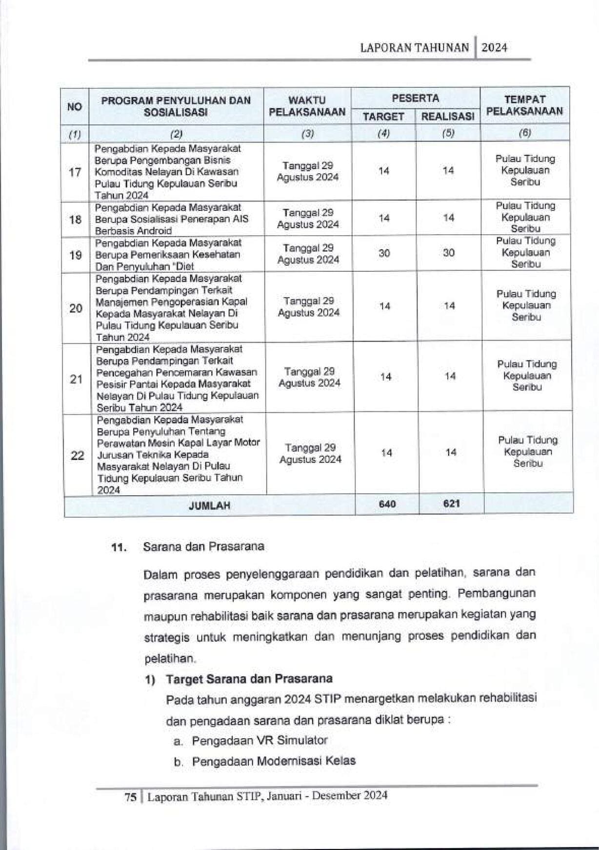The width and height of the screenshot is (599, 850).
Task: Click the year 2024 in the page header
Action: click(494, 48)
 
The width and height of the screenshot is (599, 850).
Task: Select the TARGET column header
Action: click(383, 117)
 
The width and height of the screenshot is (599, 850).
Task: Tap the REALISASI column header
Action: click(448, 117)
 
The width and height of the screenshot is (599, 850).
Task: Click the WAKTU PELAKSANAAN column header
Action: click(307, 106)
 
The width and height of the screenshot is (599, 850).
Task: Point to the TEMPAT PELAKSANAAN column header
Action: click(525, 105)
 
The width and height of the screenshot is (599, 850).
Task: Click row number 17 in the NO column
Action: click(75, 172)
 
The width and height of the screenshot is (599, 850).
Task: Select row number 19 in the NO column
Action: click(75, 255)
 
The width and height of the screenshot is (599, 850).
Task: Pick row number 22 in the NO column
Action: click(78, 455)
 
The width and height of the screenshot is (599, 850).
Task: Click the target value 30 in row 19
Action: click(384, 253)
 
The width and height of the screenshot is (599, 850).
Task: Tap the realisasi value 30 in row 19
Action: click(449, 253)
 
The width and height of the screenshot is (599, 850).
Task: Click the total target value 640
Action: click(387, 504)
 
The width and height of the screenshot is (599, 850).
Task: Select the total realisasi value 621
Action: click(452, 503)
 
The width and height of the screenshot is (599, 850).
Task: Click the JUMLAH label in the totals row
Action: click(209, 506)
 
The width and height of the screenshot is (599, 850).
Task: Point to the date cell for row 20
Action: click(309, 307)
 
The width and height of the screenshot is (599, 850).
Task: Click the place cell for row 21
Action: click(527, 376)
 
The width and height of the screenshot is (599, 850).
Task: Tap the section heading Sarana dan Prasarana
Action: click(203, 546)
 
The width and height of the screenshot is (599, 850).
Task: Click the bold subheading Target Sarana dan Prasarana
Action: click(249, 679)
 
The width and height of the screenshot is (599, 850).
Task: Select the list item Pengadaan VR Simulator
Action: click(259, 740)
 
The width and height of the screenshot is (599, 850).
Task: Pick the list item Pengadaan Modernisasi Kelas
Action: click(273, 761)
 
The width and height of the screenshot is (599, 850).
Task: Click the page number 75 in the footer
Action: click(130, 797)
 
